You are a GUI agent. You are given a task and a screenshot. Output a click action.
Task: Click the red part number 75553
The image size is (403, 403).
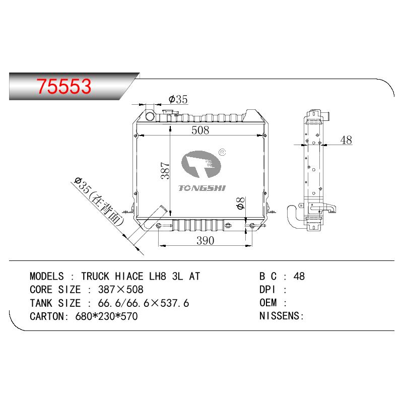tap(64, 86)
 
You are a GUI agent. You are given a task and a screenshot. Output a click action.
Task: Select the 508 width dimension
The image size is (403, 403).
tap(200, 130)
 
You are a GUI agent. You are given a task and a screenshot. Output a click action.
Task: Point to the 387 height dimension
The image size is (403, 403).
tap(165, 170)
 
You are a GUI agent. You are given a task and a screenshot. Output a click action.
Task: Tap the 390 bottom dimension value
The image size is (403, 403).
tap(205, 241)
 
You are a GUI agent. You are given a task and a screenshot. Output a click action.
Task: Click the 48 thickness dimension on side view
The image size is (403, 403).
tap(346, 140)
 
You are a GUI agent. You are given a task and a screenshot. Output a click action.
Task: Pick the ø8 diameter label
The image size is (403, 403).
tap(241, 204)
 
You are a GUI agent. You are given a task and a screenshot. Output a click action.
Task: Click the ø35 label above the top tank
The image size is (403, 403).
tap(178, 99)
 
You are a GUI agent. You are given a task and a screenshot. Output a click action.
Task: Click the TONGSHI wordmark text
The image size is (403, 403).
tap(202, 188)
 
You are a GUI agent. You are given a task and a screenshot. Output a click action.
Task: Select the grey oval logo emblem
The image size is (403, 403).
tap(201, 165)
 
